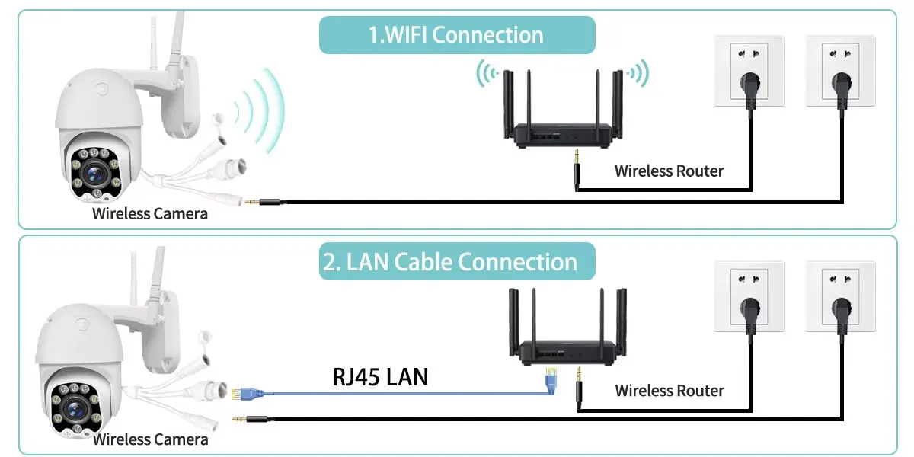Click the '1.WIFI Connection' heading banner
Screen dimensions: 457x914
click(x=456, y=35)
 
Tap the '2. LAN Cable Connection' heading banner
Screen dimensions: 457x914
click(x=456, y=262)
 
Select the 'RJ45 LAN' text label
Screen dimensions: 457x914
click(x=380, y=376)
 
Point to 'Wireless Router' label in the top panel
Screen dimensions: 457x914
click(x=669, y=171)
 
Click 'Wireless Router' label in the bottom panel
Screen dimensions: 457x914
click(x=670, y=391)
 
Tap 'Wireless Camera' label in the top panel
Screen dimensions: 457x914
click(x=150, y=213)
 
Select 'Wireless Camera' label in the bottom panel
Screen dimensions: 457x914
click(x=151, y=439)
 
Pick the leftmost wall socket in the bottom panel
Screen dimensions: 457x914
click(x=749, y=297)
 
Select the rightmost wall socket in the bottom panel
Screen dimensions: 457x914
click(x=840, y=297)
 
